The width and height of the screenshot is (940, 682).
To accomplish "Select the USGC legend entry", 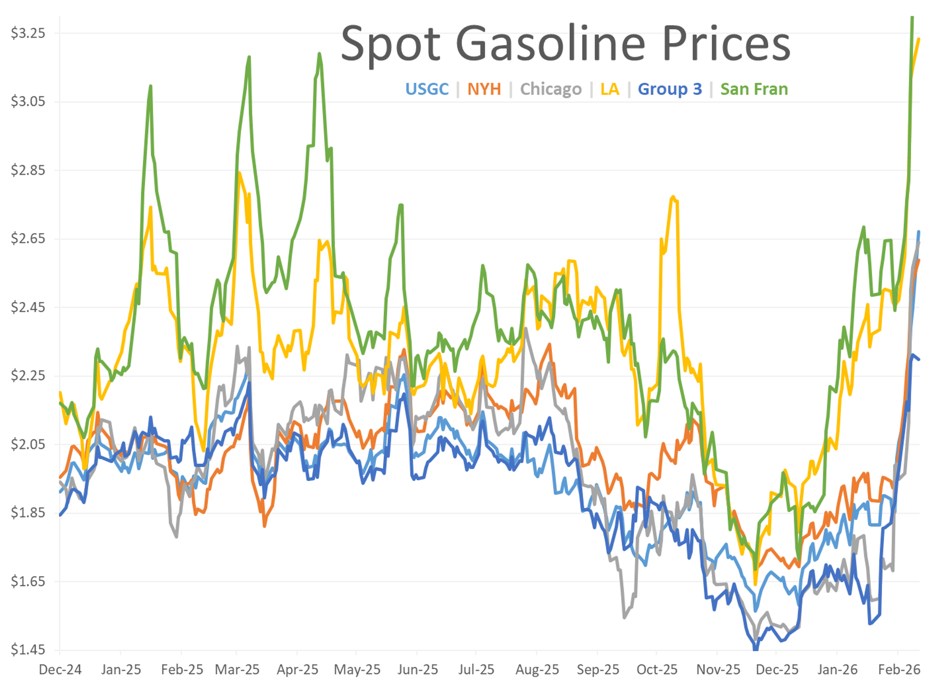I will pyautogui.click(x=427, y=89).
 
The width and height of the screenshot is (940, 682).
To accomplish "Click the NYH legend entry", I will pyautogui.click(x=484, y=89).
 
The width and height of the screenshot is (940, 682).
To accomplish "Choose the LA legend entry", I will pyautogui.click(x=610, y=89).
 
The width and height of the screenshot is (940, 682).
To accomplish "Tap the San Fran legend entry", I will pyautogui.click(x=754, y=89).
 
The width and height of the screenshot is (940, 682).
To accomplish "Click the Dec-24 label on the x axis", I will pyautogui.click(x=60, y=670).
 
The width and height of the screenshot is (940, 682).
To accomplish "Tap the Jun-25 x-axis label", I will pyautogui.click(x=417, y=670).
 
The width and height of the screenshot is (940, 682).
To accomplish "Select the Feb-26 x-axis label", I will pyautogui.click(x=899, y=670).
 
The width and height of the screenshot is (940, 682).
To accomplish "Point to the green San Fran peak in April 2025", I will pyautogui.click(x=319, y=53).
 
